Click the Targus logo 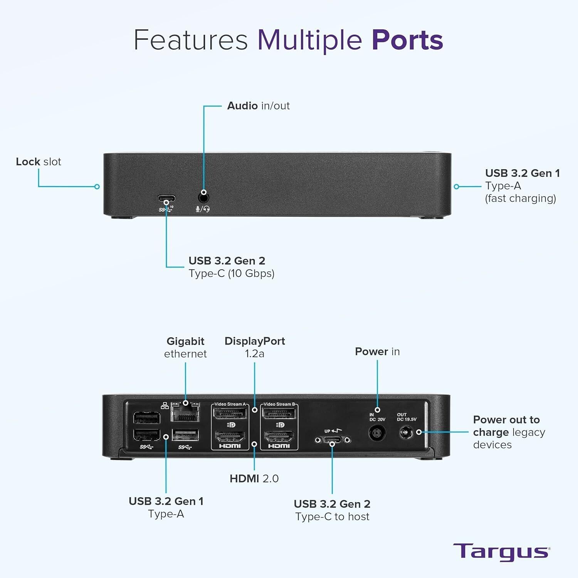501,552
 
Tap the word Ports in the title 407,40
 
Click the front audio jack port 203,198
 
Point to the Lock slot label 39,161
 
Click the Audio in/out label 258,106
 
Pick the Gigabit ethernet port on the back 185,413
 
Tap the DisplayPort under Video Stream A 230,413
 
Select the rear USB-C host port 333,440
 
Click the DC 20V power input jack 377,432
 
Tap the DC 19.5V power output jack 406,433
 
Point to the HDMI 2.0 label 254,479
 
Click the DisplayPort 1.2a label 255,347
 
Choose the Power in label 377,351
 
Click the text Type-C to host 332,516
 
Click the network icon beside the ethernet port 165,405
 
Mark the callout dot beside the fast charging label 456,187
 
